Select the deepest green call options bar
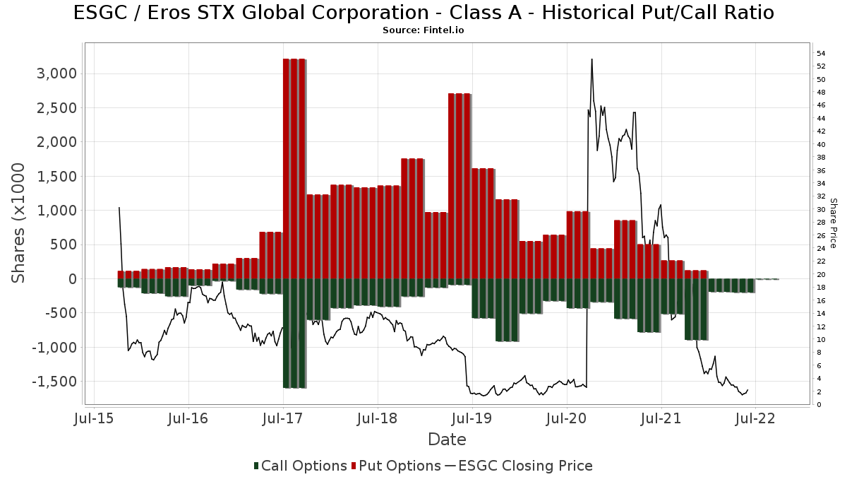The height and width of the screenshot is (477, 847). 294,333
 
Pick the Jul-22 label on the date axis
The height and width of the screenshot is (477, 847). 755,418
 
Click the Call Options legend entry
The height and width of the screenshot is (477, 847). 300,466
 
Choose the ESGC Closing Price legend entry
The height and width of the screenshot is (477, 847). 519,466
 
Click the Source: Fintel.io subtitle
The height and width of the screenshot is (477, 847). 423,30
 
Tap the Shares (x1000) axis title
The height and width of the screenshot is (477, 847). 19,223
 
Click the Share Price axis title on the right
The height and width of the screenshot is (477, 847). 833,223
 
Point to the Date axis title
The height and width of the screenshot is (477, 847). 447,440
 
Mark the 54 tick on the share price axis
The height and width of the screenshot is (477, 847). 821,54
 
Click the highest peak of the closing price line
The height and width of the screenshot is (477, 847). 591,59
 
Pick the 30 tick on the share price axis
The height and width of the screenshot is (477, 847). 821,210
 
